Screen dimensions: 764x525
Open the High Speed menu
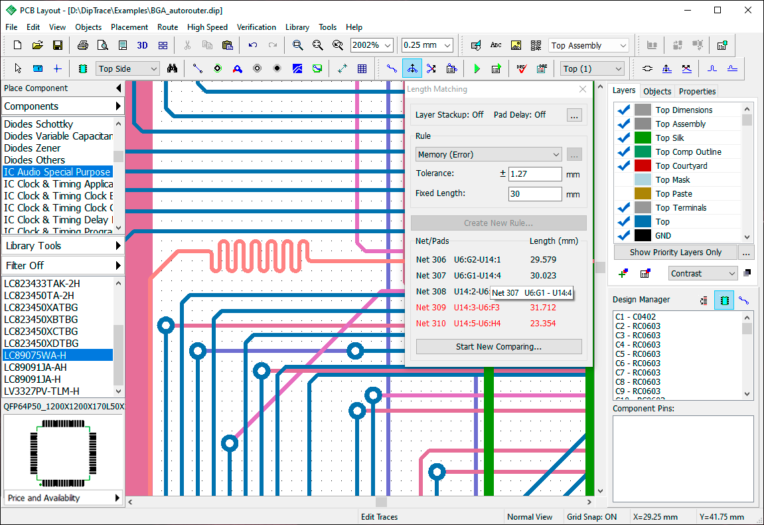207,27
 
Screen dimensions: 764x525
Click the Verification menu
256,27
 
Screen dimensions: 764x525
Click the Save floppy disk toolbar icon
58,45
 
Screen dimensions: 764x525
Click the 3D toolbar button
142,45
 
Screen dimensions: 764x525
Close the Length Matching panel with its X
583,89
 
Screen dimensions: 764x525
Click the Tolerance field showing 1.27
535,173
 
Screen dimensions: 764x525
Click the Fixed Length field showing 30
535,193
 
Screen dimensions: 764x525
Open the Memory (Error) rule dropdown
489,155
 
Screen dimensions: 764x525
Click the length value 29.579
543,260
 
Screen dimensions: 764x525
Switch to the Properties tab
697,91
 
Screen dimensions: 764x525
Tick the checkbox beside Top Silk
624,138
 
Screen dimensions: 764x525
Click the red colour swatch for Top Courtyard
643,166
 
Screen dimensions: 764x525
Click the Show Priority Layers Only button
675,253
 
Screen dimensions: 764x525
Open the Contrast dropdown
703,274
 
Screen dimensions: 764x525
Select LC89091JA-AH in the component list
35,367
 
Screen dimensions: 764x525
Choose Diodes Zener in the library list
32,148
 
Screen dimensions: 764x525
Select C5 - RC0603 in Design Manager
638,354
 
